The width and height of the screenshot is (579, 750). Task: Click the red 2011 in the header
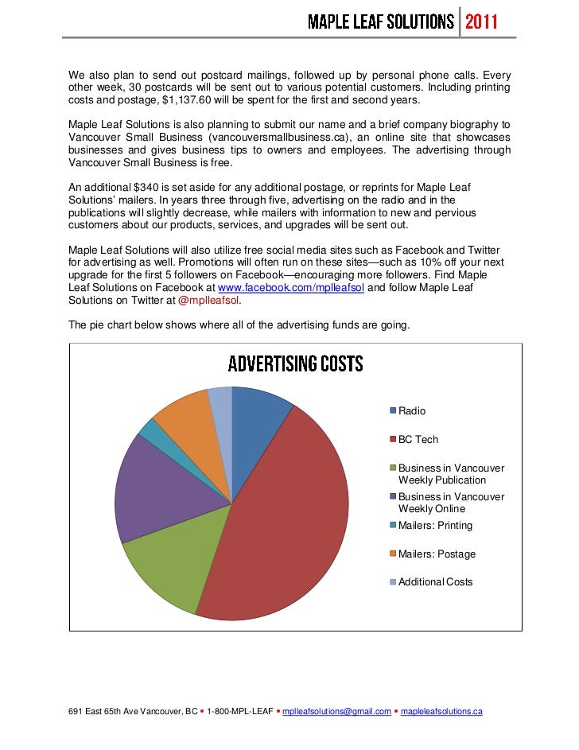point(481,21)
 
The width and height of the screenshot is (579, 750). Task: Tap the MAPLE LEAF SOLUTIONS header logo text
point(381,21)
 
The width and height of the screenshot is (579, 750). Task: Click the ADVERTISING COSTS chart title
point(295,364)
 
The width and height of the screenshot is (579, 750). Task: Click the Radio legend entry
point(411,411)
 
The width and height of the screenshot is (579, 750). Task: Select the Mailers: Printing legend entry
point(434,526)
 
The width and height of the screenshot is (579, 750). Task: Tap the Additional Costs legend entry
point(434,582)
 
